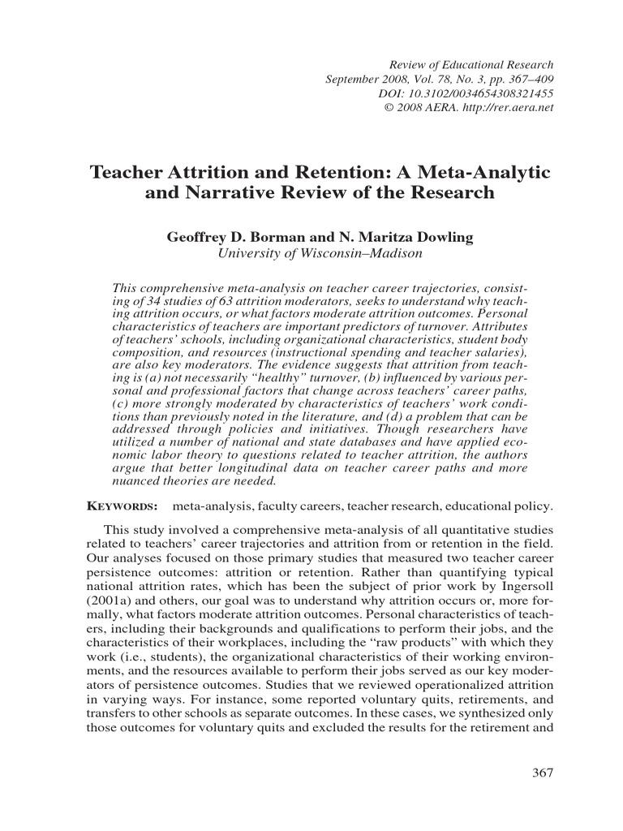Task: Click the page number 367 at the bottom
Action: pos(542,772)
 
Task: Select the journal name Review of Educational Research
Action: pos(472,64)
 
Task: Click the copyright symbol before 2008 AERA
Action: pos(389,108)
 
